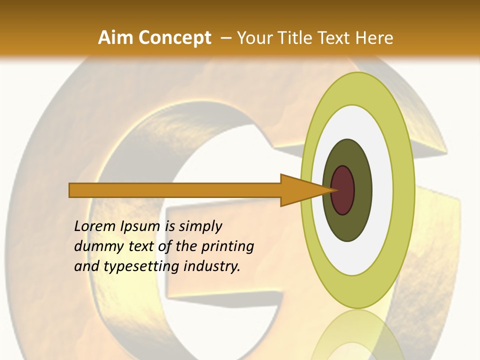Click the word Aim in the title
point(115,38)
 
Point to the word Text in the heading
point(336,38)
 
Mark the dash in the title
point(226,38)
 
